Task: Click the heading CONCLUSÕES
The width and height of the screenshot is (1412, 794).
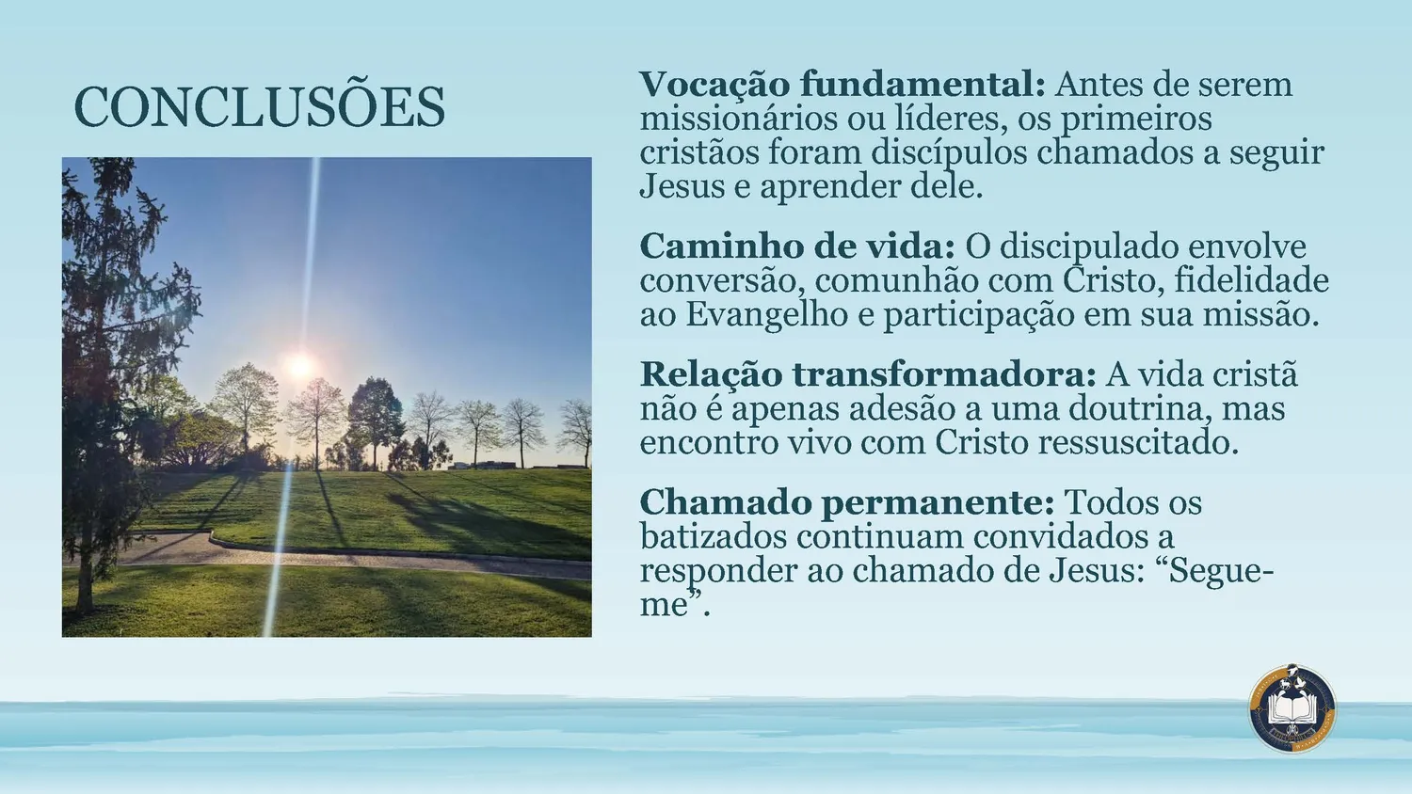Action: click(x=260, y=106)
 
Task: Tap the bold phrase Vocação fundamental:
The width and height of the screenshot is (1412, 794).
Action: click(x=842, y=85)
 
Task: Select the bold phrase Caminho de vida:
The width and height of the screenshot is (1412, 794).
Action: click(x=797, y=246)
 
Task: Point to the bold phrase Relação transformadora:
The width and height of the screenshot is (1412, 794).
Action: click(x=869, y=374)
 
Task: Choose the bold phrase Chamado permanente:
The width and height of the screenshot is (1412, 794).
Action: click(x=847, y=503)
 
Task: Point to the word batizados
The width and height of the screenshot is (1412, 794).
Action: click(x=714, y=537)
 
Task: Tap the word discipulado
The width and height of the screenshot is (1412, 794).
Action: click(x=1089, y=246)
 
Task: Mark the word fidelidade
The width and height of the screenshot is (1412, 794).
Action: click(x=1251, y=281)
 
